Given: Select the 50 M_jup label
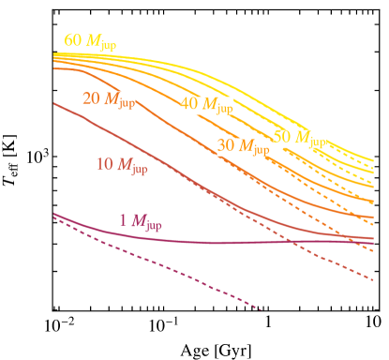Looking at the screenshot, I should coord(299,139).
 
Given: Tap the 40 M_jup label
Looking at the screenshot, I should coord(206,105).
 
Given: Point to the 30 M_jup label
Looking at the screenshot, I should coord(243,147).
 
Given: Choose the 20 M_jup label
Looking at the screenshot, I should coord(109,100).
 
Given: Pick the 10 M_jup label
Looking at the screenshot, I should coord(122,166).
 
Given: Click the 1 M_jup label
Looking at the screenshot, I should coord(141,222).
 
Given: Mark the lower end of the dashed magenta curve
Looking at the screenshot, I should coord(260,308).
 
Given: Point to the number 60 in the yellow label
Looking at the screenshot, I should coord(73,41).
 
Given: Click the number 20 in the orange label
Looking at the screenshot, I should coord(92,99).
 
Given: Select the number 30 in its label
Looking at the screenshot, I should coord(226,146).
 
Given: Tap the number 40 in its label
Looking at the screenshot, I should coord(189,104).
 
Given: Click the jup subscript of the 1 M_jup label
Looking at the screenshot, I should coord(154,225).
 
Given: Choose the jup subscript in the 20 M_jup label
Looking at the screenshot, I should coord(126,103).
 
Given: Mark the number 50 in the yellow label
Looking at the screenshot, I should coord(282,138).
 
